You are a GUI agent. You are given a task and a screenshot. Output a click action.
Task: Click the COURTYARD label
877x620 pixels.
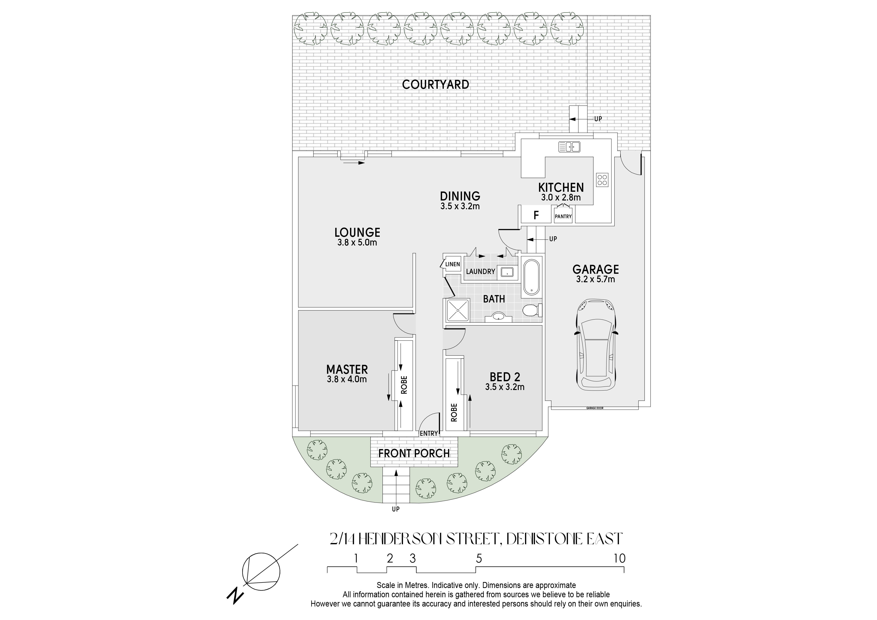[x=435, y=84]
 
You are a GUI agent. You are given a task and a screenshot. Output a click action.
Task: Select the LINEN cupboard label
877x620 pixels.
[x=453, y=264]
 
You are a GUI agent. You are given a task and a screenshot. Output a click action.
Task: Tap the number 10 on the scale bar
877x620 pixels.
[x=619, y=558]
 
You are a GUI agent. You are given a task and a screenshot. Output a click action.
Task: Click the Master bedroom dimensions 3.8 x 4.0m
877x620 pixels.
[x=347, y=379]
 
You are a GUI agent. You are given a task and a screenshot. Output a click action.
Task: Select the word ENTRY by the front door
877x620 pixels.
[x=428, y=433]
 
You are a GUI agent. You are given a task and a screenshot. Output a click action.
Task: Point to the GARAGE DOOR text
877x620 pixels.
[x=595, y=408]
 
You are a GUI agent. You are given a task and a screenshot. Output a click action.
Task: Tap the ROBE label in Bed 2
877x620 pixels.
[x=454, y=412]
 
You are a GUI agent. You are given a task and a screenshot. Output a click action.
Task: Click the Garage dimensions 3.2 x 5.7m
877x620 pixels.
[x=595, y=279]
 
